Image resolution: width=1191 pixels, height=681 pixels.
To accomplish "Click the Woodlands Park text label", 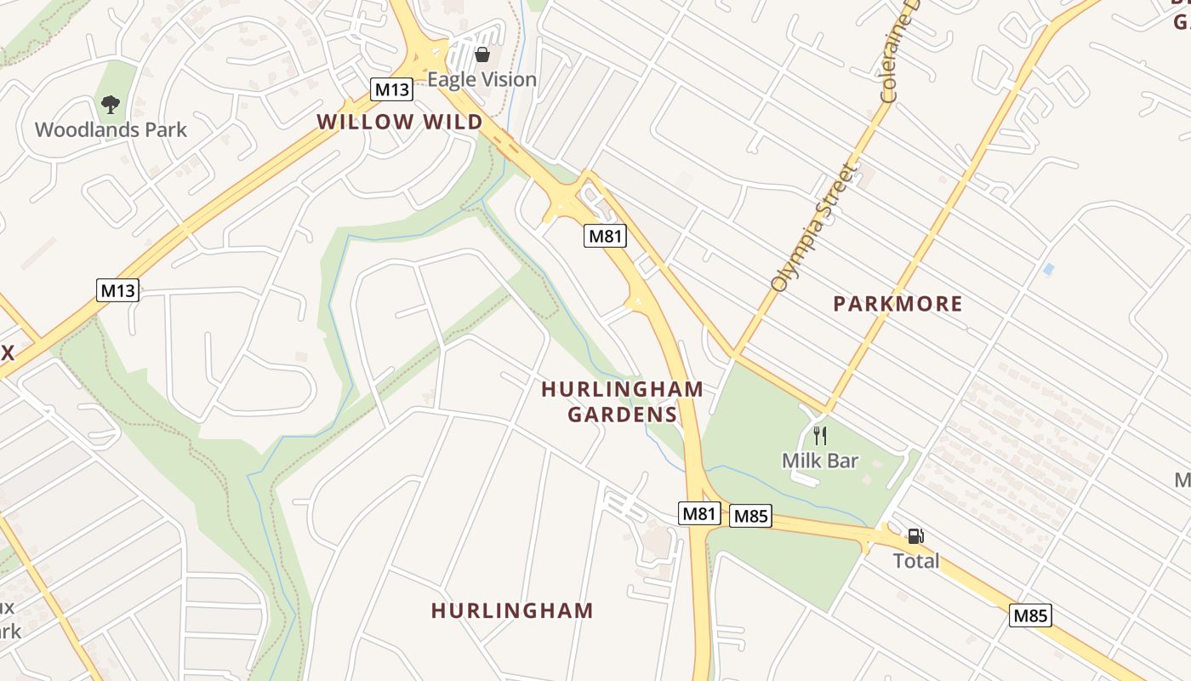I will point(111,130).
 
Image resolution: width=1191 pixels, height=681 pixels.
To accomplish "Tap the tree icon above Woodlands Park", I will point(110,105).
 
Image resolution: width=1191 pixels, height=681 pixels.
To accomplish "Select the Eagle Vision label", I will point(482,80).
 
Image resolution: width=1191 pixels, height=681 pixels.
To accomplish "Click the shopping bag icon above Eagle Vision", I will point(482,55).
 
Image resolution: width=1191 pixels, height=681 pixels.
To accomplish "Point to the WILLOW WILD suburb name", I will point(400,122).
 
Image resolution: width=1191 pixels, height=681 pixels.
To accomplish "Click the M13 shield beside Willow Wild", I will point(391,89).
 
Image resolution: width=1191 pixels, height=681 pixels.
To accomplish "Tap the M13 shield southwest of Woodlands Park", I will point(117,290).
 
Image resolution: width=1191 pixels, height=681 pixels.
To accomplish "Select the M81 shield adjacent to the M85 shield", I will point(700,513).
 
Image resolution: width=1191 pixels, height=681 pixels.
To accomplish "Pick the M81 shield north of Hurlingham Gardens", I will point(605,236).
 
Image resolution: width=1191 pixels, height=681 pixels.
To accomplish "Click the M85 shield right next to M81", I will point(750,516).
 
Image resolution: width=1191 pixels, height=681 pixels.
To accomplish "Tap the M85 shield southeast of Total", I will point(1030,615).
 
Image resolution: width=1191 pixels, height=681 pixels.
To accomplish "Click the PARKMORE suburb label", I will point(898,304).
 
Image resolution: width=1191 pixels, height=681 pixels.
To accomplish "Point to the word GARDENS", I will point(622,415).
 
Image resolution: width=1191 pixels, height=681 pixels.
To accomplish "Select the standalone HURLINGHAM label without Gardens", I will point(512,610).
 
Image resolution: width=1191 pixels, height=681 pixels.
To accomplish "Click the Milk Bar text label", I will point(820,461).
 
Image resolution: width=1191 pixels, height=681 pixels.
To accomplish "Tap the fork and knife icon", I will point(820,436).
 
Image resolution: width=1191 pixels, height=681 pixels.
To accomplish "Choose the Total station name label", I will point(916,561).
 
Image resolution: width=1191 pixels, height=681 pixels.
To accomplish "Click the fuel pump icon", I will point(915,536).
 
